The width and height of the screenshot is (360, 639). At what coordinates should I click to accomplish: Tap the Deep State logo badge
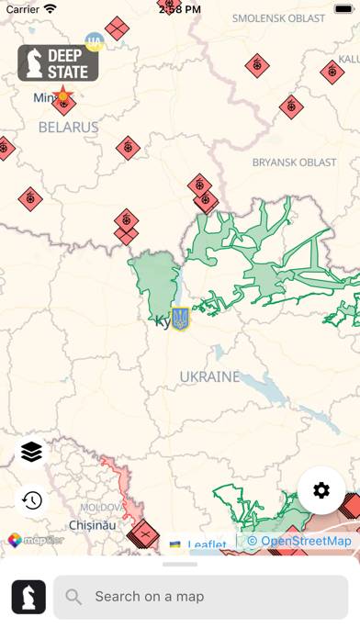point(58,63)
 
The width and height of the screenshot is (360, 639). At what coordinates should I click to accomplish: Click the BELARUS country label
point(68,127)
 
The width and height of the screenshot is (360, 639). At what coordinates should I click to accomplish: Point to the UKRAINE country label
point(209,376)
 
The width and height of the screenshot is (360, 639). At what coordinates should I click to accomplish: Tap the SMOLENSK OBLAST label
point(278,18)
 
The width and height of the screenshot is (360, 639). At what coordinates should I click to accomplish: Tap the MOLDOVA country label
point(101,507)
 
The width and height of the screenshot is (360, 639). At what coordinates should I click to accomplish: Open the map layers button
point(32,453)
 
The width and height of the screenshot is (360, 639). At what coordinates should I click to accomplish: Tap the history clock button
point(32,500)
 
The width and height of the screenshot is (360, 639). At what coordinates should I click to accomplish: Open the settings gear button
point(321,490)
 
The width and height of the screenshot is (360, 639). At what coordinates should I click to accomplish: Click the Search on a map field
point(201,597)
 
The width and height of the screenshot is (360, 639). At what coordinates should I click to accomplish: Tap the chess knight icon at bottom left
point(28,597)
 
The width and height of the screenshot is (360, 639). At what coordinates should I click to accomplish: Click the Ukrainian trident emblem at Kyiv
point(181,319)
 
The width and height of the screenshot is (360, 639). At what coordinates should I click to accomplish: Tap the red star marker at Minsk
point(62,95)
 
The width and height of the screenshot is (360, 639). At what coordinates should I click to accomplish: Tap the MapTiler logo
point(37,541)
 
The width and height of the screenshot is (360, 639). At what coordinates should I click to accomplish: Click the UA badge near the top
point(95,41)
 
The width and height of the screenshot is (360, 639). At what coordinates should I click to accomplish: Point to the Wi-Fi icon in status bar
point(50,8)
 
